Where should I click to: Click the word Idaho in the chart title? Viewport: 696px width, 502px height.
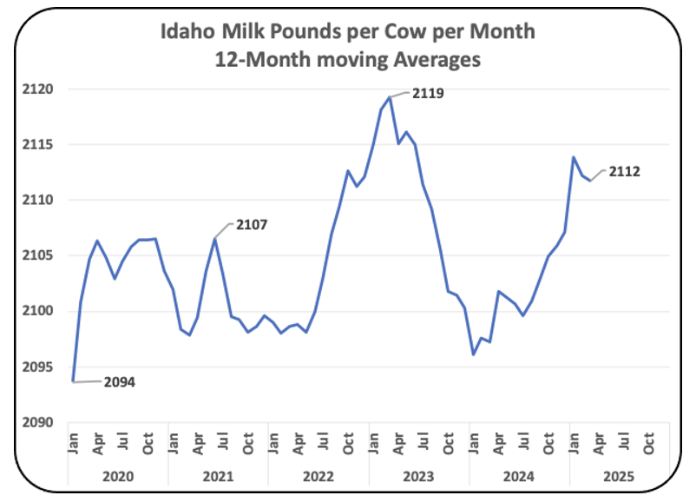(x=187, y=31)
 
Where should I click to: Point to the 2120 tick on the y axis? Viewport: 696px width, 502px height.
(x=37, y=89)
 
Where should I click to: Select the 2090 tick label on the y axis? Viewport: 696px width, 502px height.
(x=37, y=422)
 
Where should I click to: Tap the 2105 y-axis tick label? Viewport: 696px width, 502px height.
(x=37, y=255)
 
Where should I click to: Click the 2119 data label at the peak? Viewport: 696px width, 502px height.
(x=428, y=93)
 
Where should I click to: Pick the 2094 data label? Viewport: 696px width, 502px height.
(x=120, y=382)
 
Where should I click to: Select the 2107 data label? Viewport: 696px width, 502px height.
(x=252, y=225)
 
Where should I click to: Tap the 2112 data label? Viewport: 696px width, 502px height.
(x=625, y=171)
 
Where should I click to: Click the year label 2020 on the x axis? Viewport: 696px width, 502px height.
(x=118, y=477)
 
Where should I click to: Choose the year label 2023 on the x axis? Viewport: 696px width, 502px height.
(x=418, y=477)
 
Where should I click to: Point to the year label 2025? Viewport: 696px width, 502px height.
(x=619, y=477)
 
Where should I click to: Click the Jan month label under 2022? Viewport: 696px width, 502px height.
(x=273, y=443)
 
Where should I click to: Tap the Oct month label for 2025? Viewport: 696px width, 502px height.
(x=648, y=443)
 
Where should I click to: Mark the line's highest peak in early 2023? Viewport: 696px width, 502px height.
(x=390, y=97)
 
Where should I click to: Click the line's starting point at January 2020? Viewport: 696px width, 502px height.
(x=73, y=381)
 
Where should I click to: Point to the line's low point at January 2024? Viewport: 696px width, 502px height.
(x=474, y=355)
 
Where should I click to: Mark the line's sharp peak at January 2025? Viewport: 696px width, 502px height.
(x=574, y=157)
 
